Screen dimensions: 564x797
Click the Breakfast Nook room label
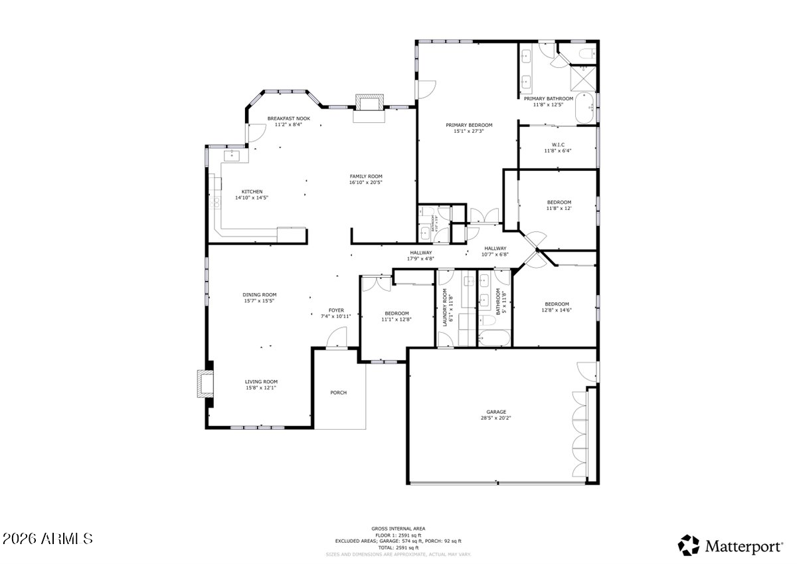pos(288,118)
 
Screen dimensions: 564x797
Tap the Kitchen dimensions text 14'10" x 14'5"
pos(252,197)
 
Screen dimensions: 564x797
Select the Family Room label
pos(366,176)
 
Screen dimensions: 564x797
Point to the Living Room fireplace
pos(204,384)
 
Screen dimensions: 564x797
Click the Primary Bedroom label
pos(469,125)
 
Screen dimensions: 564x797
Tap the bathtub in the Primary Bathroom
pos(584,108)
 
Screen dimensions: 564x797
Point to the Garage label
pos(495,412)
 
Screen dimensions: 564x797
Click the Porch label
pos(339,393)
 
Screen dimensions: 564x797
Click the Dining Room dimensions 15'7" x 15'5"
pos(260,301)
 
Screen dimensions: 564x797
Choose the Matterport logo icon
pos(689,545)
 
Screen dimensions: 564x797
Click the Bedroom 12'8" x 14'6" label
pos(557,304)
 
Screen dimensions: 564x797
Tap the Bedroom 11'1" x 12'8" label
pos(397,314)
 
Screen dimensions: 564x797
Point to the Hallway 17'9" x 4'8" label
pos(420,252)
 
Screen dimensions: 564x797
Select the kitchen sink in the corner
pos(232,155)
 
